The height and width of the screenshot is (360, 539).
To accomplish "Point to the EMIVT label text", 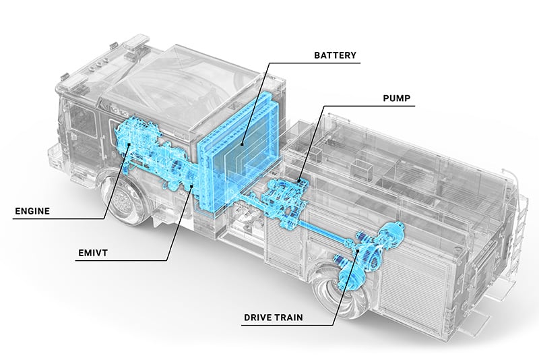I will point(93,254).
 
